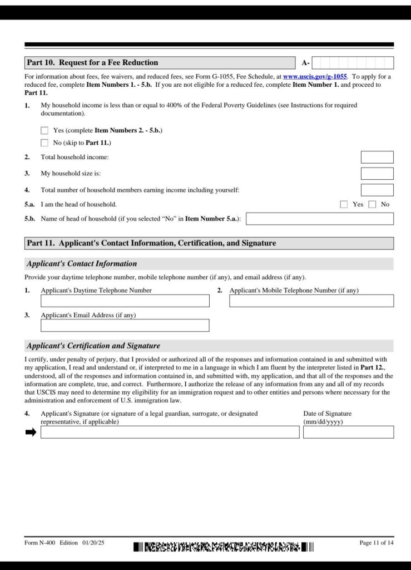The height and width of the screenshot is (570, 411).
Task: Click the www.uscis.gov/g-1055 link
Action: (315, 76)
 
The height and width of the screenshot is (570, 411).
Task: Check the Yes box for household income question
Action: (44, 130)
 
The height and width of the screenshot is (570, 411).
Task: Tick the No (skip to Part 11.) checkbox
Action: (44, 142)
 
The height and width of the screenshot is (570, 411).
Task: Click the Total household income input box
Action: (377, 158)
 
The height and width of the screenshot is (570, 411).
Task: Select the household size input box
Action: (377, 174)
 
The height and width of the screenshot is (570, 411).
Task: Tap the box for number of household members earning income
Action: (377, 190)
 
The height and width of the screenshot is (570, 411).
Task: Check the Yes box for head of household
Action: (344, 204)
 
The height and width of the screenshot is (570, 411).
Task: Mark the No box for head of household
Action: (372, 204)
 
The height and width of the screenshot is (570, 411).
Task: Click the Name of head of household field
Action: (319, 219)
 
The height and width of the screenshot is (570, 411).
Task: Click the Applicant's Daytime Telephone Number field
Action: (125, 301)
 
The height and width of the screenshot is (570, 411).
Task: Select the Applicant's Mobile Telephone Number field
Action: (311, 301)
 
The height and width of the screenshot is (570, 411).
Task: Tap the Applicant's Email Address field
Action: (125, 325)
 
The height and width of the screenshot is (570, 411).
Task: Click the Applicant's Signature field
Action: (170, 432)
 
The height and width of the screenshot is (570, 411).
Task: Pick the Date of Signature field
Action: (348, 432)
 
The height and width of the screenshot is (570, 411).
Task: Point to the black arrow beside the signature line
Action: (31, 432)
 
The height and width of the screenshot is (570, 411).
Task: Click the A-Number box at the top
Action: (352, 63)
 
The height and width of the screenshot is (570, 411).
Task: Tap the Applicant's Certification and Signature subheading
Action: (93, 346)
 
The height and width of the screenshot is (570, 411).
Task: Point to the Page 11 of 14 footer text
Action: (377, 543)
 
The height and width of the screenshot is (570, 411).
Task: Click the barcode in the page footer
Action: (224, 547)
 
